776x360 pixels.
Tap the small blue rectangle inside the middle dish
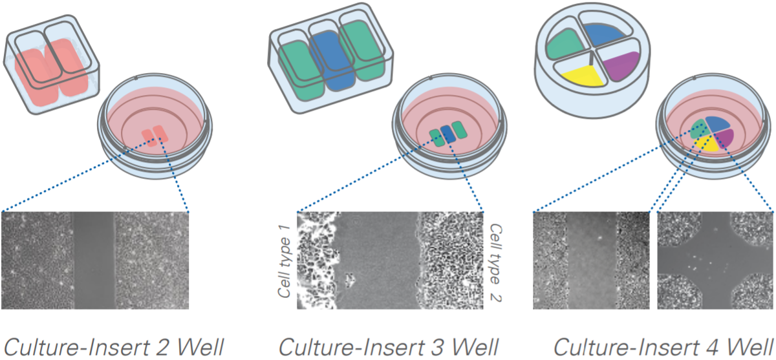(x=447, y=133)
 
